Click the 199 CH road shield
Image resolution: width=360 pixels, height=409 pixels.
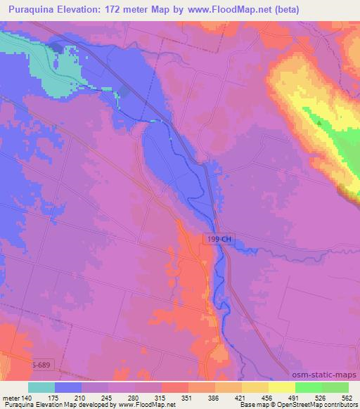(219, 240)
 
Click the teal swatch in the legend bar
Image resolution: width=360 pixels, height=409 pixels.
(41, 387)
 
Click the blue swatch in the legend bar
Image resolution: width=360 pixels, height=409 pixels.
(68, 387)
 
